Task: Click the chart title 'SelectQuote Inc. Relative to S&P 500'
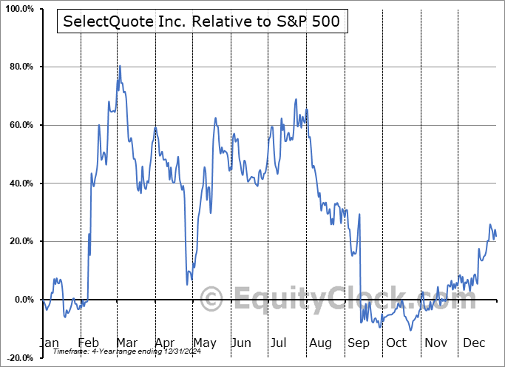tap(202, 21)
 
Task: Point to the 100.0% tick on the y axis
tap(18, 9)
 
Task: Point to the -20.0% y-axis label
tap(18, 358)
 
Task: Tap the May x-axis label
tap(204, 343)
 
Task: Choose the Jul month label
tap(281, 343)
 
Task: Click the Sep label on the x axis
tap(358, 343)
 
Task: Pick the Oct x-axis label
tap(396, 343)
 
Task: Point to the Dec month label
tap(473, 343)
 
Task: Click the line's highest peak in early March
tap(120, 66)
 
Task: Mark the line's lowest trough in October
tap(410, 330)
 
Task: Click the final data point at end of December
tap(495, 236)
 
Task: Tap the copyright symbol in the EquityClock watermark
tap(212, 299)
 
